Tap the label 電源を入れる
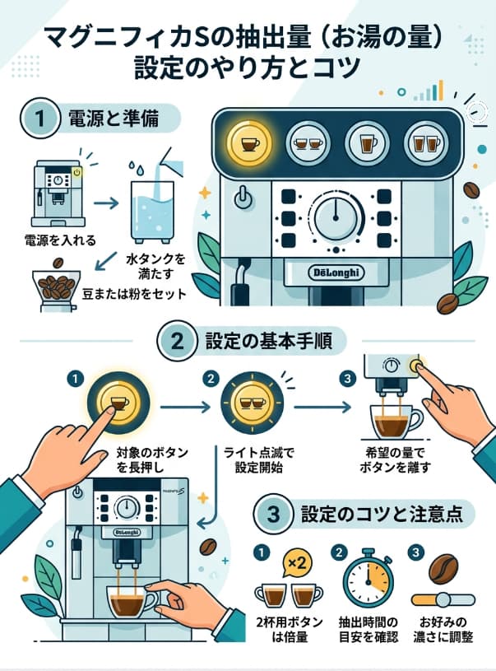pyautogui.click(x=60, y=240)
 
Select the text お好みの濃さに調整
pyautogui.click(x=445, y=628)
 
